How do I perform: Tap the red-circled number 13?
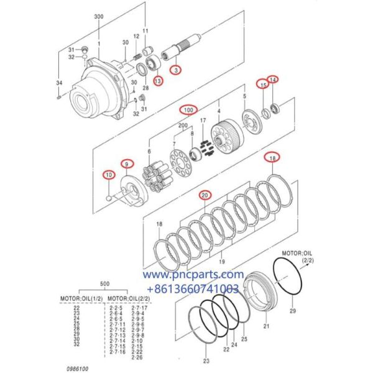159,80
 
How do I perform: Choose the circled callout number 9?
126,163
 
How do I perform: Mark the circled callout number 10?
109,175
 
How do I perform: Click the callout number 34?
58,83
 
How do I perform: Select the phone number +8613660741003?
193,288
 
